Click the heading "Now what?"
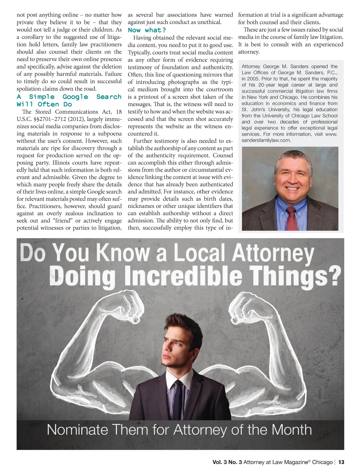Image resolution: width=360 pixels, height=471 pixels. click(147, 30)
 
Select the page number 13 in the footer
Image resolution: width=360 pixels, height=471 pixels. click(341, 462)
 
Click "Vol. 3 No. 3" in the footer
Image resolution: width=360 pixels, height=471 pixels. click(227, 462)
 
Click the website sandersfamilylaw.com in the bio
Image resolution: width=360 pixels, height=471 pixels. click(266, 140)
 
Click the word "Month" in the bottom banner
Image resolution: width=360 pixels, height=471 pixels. click(291, 430)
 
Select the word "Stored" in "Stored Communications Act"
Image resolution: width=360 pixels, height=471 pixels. click(43, 112)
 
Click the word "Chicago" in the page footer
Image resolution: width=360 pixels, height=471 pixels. click(322, 462)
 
